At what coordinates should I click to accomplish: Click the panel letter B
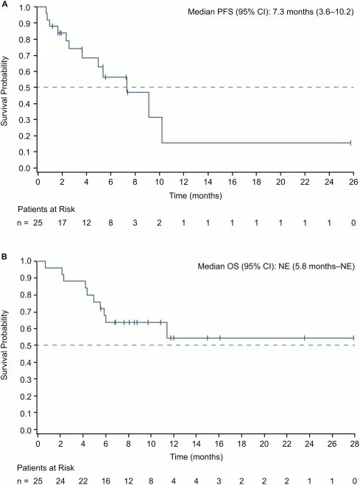tap(4, 257)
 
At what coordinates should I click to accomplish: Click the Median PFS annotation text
tap(271, 12)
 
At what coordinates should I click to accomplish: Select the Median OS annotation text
tap(276, 266)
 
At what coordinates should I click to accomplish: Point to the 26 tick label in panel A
tap(353, 182)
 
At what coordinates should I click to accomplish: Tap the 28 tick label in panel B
tap(354, 444)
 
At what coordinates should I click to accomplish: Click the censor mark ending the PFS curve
tap(350, 143)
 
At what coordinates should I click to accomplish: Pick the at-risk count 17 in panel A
tap(62, 223)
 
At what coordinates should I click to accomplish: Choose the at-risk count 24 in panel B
tap(60, 481)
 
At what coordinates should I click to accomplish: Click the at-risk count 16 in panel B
tap(106, 481)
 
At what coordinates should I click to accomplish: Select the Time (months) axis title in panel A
tap(196, 196)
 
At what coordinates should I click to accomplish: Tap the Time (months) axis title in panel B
tap(197, 457)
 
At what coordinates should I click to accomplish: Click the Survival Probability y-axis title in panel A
tap(4, 91)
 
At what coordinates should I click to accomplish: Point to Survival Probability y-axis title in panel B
tap(4, 345)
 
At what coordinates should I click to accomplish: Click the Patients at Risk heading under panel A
tap(46, 210)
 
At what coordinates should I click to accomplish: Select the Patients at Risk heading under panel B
tap(46, 467)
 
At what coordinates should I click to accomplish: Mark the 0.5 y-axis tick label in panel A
tap(25, 88)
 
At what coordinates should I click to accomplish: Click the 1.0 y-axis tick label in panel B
tap(25, 261)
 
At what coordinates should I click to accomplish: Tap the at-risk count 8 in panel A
tap(110, 223)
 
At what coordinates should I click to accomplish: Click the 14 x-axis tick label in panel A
tap(208, 182)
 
